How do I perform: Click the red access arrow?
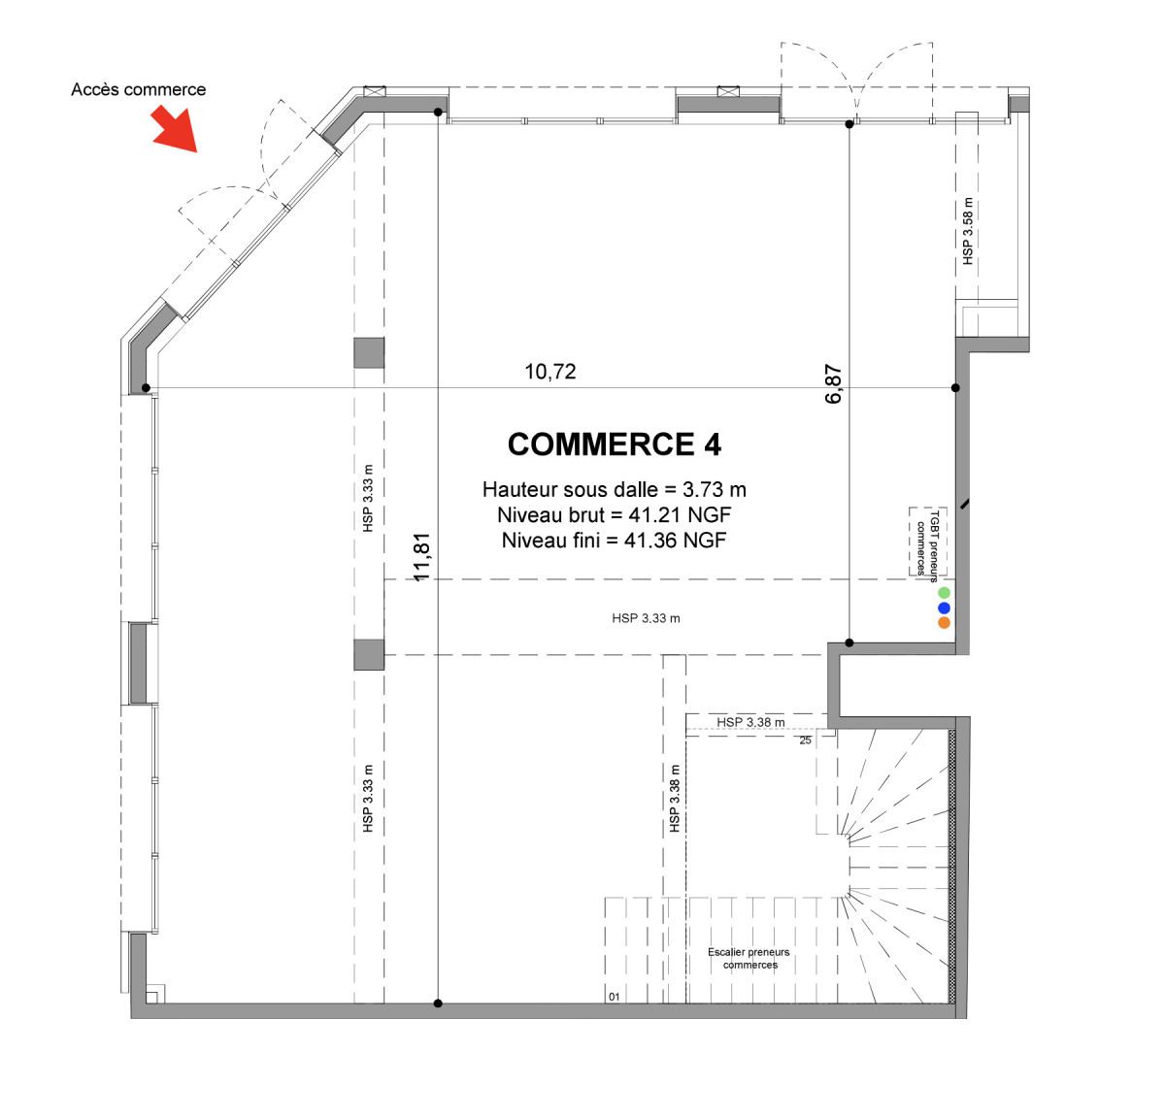pos(176,130)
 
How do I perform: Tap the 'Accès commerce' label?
pos(138,90)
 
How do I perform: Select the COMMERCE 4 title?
pos(615,444)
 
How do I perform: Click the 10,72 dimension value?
pos(550,372)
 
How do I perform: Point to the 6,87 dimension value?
pos(833,383)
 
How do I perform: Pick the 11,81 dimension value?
pos(422,557)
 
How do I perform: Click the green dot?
pos(944,593)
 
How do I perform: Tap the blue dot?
pos(944,608)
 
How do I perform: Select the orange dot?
pos(944,623)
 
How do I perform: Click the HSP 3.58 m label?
pos(968,231)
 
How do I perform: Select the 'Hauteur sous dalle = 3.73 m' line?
pos(615,489)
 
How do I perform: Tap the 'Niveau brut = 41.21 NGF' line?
pos(615,514)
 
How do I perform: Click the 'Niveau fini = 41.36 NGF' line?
pos(615,541)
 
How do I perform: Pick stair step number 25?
pos(805,740)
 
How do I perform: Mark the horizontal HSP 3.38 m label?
pos(750,722)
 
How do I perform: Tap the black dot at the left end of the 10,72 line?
pos(146,388)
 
